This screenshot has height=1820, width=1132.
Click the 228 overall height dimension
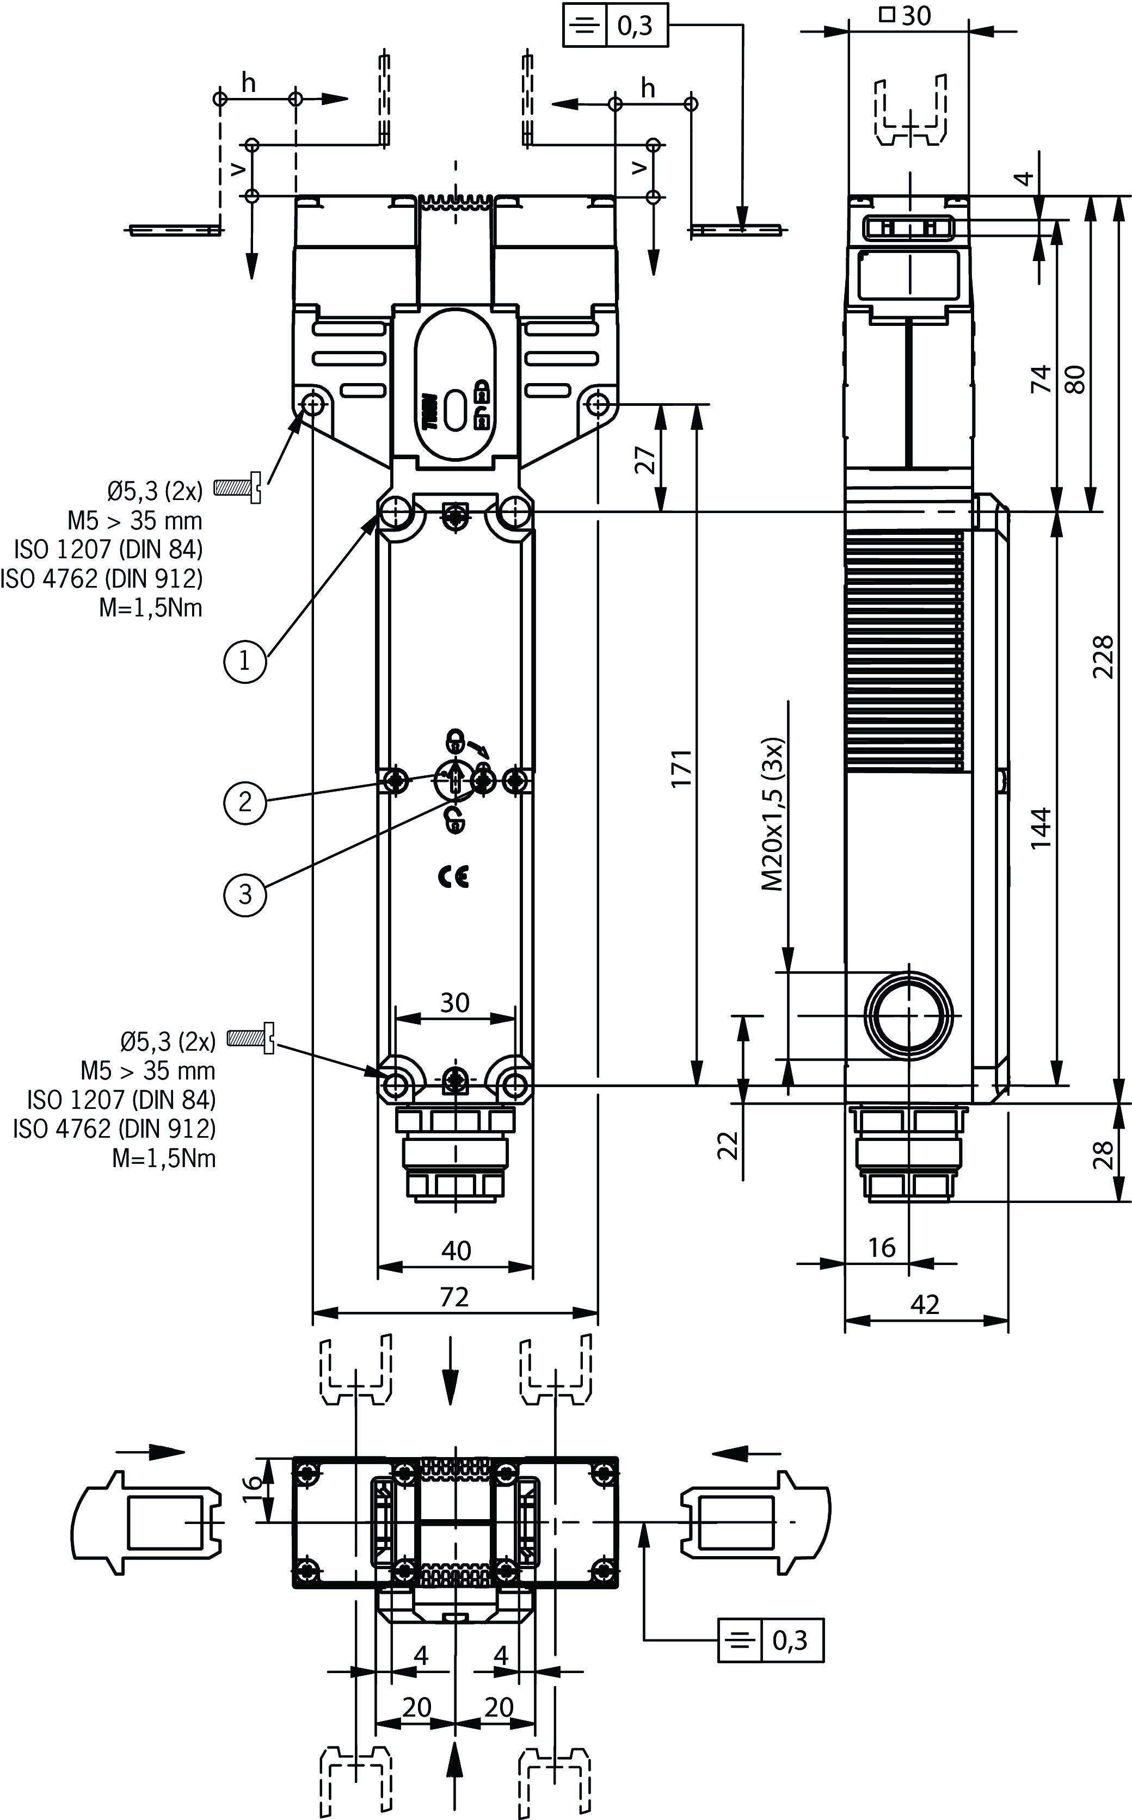point(1102,656)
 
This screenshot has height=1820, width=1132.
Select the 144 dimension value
point(1041,828)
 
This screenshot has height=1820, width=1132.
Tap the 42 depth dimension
point(925,1304)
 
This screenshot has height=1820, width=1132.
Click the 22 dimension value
point(728,1144)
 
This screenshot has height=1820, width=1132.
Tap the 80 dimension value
point(1075,379)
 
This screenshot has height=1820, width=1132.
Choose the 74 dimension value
point(1041,379)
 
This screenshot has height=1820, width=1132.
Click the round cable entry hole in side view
point(909,1015)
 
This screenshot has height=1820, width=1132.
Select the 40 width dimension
point(456,1250)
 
